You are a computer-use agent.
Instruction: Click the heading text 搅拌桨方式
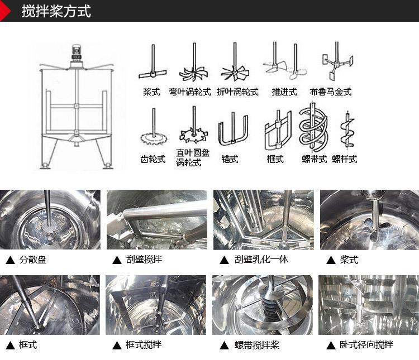click(x=56, y=11)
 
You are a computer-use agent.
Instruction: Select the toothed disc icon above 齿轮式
click(x=153, y=131)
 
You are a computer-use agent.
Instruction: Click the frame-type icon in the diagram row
click(x=278, y=131)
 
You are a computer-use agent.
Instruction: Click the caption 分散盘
click(x=33, y=260)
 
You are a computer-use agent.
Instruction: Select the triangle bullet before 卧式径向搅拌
click(x=330, y=345)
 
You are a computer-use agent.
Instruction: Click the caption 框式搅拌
click(x=143, y=345)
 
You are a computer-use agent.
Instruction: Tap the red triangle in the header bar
click(x=5, y=11)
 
